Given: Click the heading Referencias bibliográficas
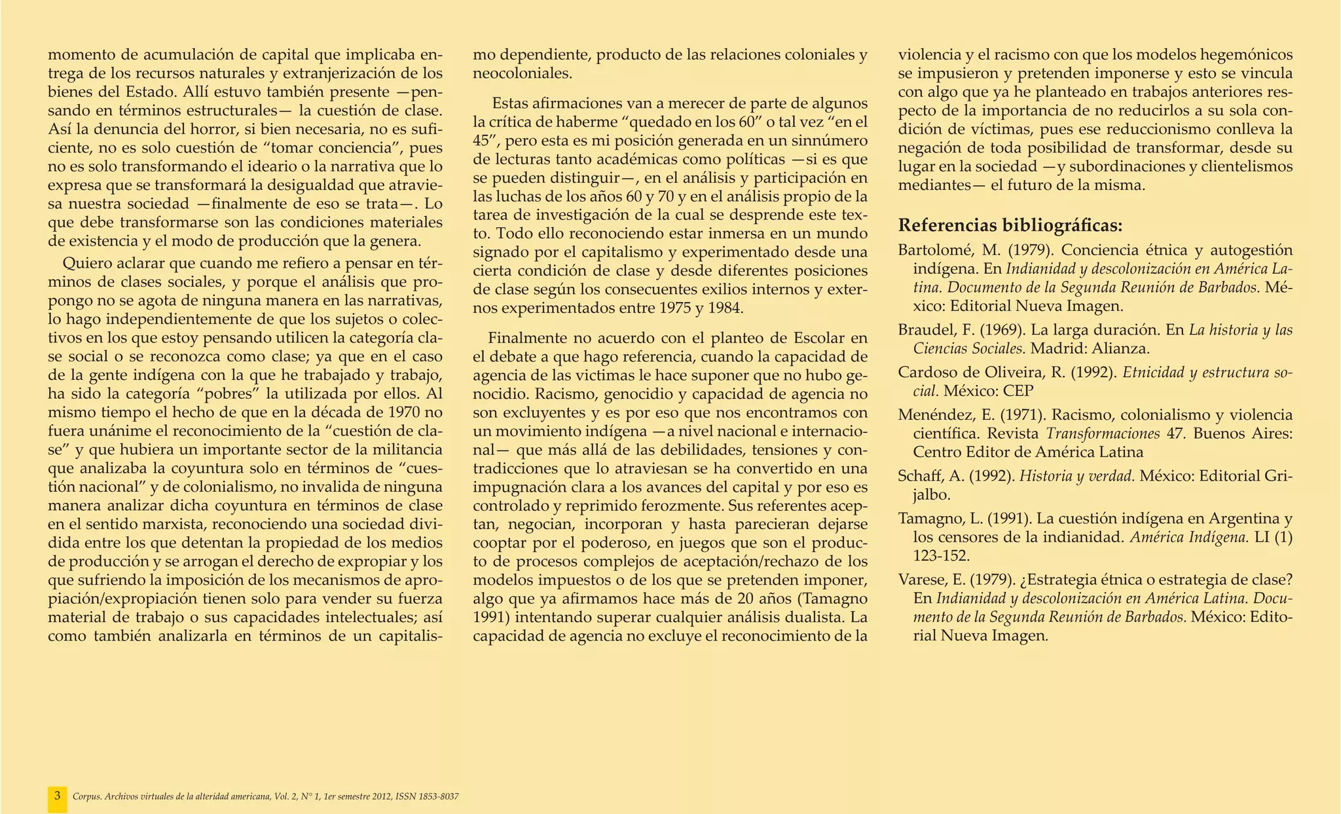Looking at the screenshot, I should [1010, 226].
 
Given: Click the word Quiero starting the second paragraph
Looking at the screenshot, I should [84, 264].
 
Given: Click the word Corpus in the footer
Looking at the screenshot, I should [85, 797].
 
